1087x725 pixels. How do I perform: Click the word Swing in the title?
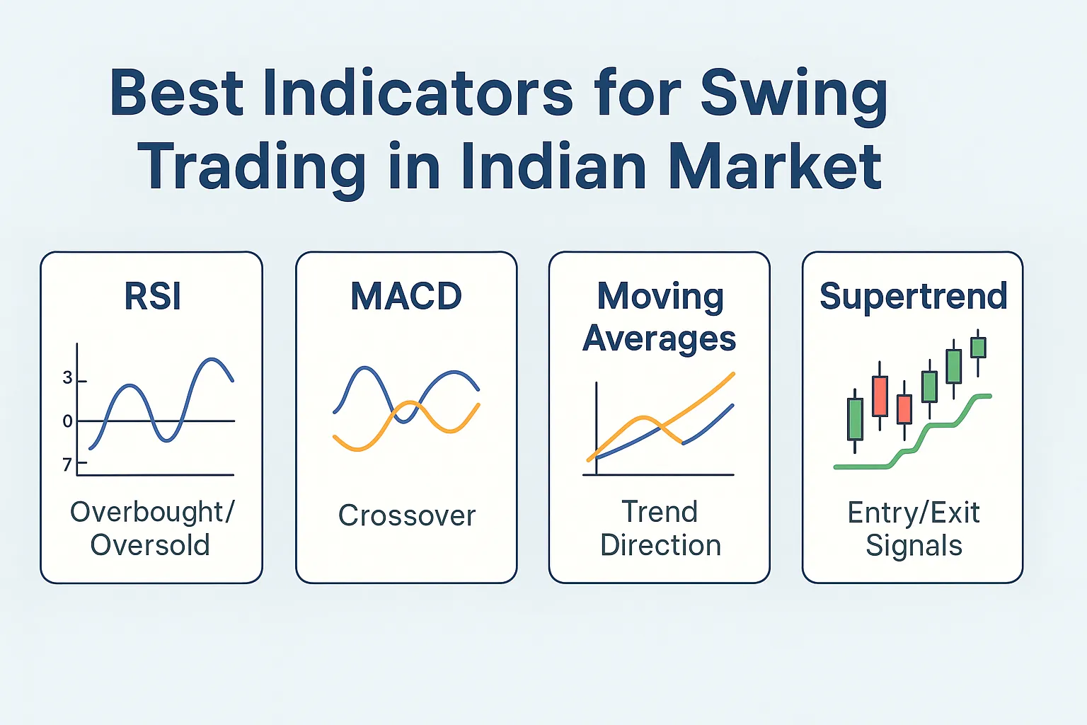[x=794, y=95]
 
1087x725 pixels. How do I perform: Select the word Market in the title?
[x=775, y=167]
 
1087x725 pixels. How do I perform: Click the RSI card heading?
[x=153, y=296]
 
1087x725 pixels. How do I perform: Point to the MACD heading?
[x=406, y=296]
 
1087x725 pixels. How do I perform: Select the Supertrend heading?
[x=913, y=296]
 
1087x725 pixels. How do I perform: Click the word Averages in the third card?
[x=660, y=338]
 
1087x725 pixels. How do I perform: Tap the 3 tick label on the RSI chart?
[x=68, y=378]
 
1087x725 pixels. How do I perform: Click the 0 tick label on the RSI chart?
[x=68, y=421]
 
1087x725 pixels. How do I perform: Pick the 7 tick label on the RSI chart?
[x=68, y=464]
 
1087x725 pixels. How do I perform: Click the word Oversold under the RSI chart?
[x=150, y=545]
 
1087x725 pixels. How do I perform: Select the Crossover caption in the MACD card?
[x=407, y=515]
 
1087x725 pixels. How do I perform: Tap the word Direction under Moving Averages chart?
[x=660, y=545]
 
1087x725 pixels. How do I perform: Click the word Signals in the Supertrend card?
[x=914, y=545]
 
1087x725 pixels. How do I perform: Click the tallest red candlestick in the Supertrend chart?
[x=880, y=396]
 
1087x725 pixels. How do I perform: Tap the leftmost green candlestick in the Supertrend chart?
[x=855, y=419]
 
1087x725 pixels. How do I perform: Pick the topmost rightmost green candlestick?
[x=978, y=348]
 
